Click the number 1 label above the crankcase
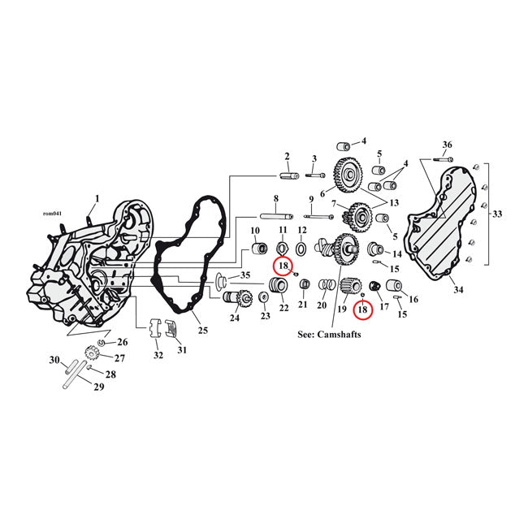(x=97, y=198)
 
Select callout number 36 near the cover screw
(x=448, y=145)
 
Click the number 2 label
(x=287, y=156)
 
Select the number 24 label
(x=235, y=318)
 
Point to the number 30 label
(x=54, y=361)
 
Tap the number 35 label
(x=246, y=275)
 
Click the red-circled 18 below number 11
(x=283, y=266)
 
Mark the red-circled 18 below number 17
(x=362, y=309)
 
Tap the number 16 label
(x=413, y=300)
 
